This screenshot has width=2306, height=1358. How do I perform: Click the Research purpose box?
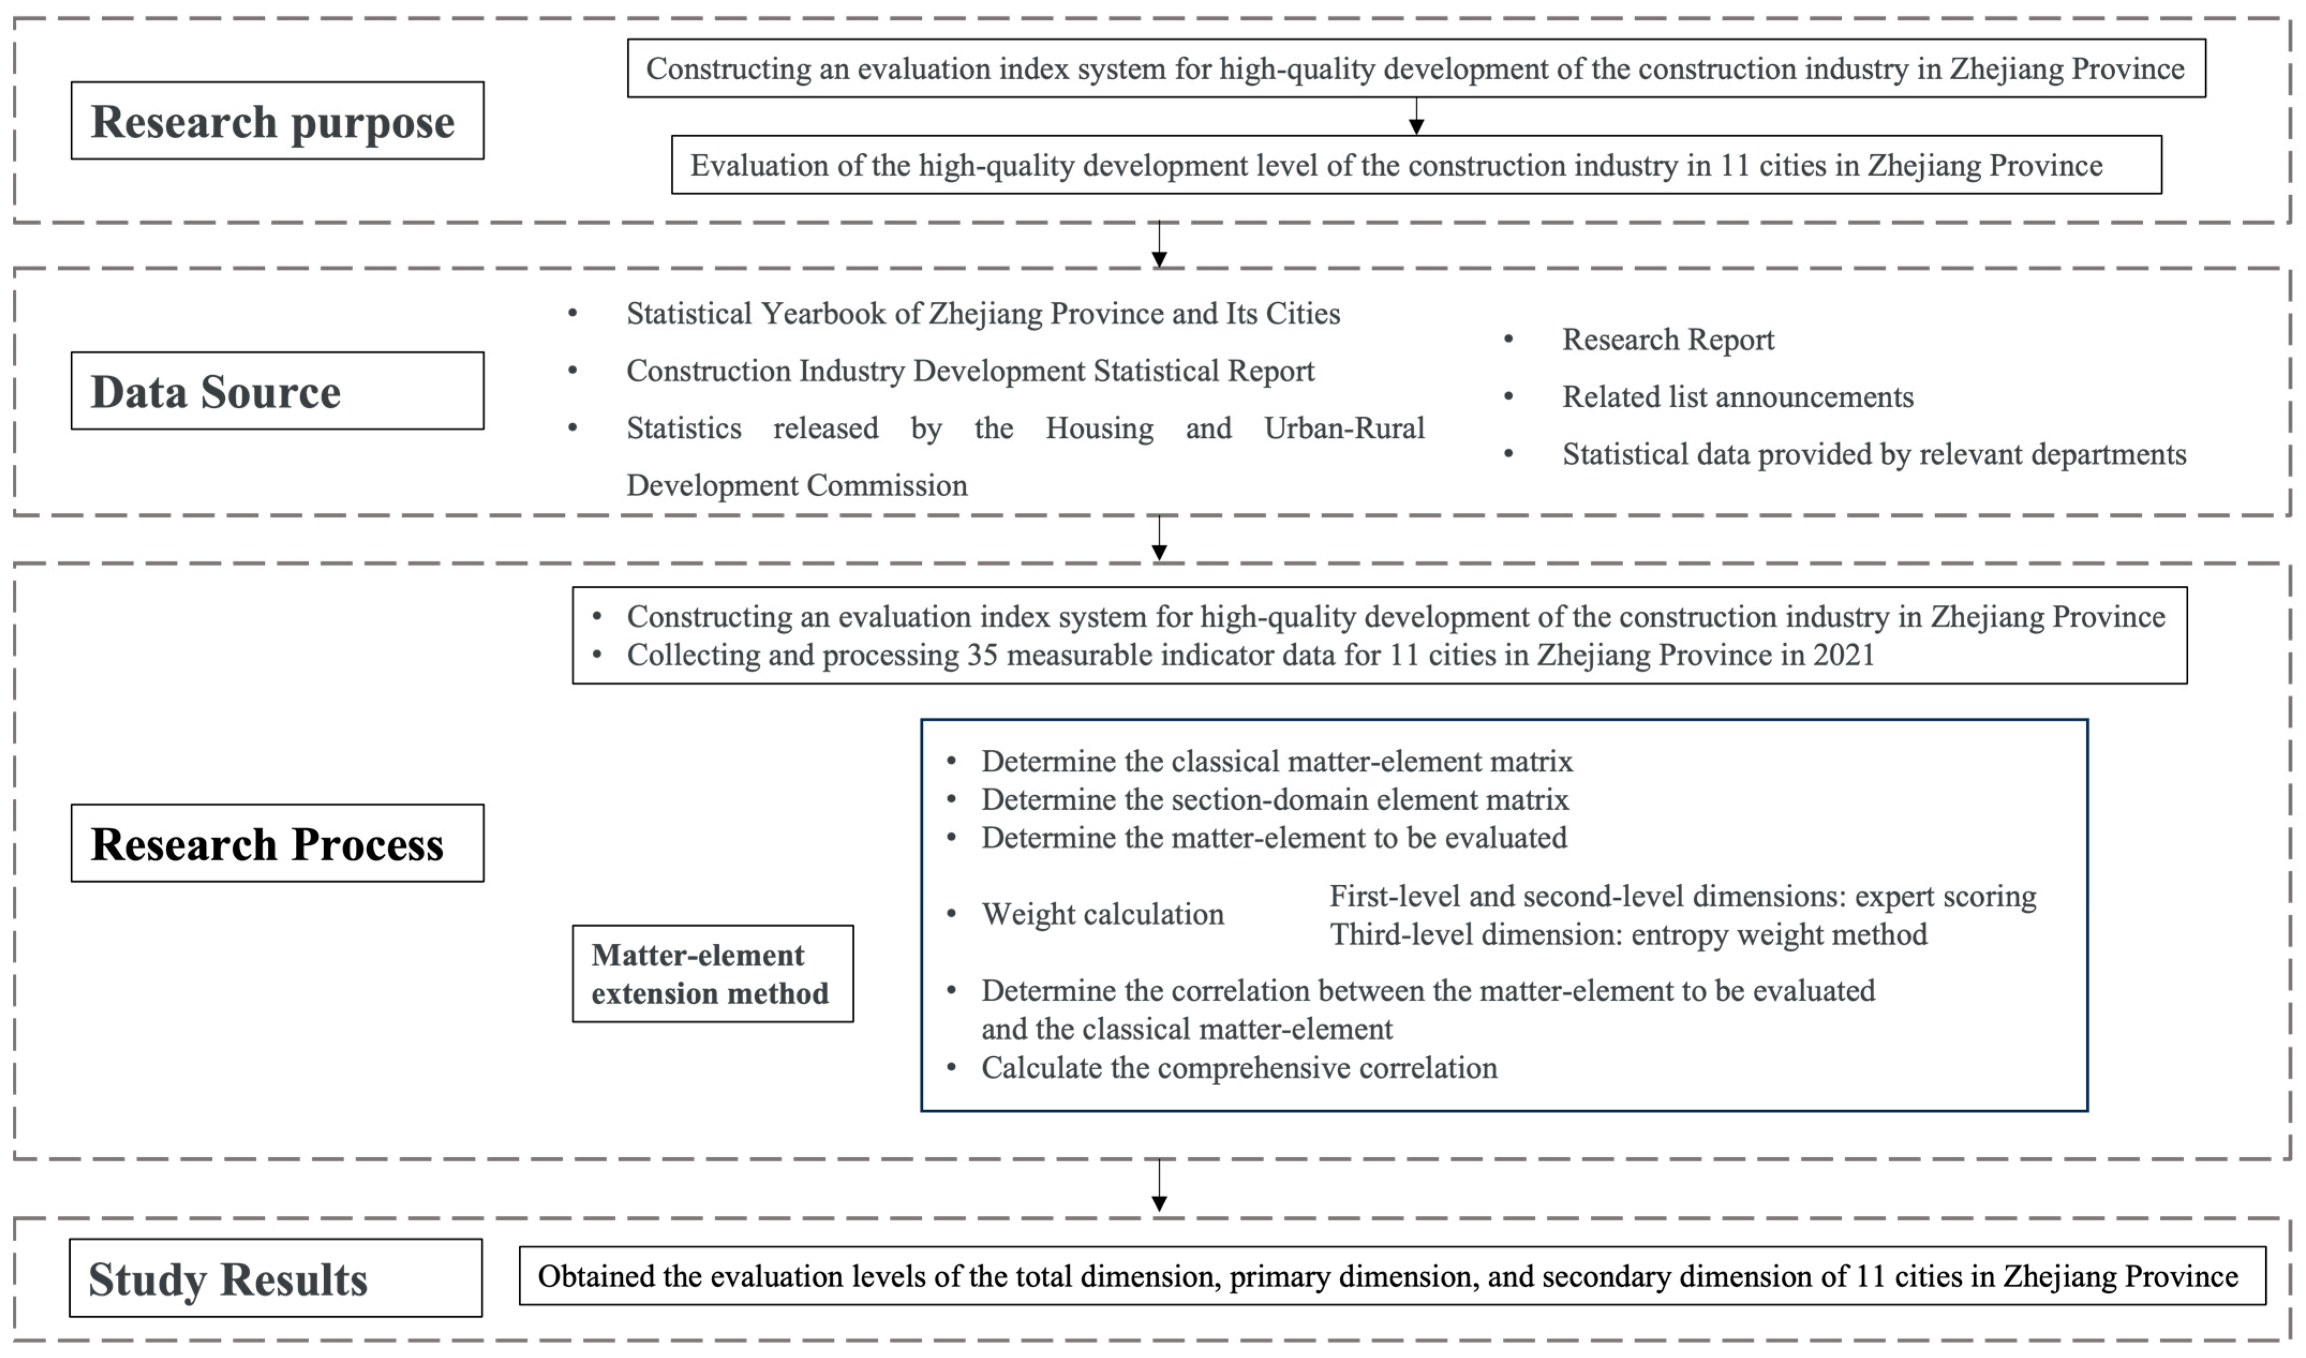[277, 121]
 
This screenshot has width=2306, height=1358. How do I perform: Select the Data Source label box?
[277, 391]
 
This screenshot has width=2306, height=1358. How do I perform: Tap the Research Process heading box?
[277, 843]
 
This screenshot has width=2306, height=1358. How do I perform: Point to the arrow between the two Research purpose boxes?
[1416, 116]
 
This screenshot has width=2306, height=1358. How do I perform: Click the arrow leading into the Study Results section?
[1159, 1187]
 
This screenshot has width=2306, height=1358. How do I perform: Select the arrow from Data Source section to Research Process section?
[1159, 538]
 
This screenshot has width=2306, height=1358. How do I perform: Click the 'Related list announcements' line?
[1737, 397]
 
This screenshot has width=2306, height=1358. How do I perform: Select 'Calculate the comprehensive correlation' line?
[1239, 1068]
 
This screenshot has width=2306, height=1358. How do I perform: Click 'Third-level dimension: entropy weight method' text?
[1628, 934]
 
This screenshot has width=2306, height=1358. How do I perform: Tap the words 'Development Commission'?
[796, 485]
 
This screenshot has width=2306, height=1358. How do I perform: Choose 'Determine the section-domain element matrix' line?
[1275, 800]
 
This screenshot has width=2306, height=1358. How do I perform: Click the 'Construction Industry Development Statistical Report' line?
[970, 371]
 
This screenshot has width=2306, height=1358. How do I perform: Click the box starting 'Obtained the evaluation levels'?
[1392, 1275]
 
